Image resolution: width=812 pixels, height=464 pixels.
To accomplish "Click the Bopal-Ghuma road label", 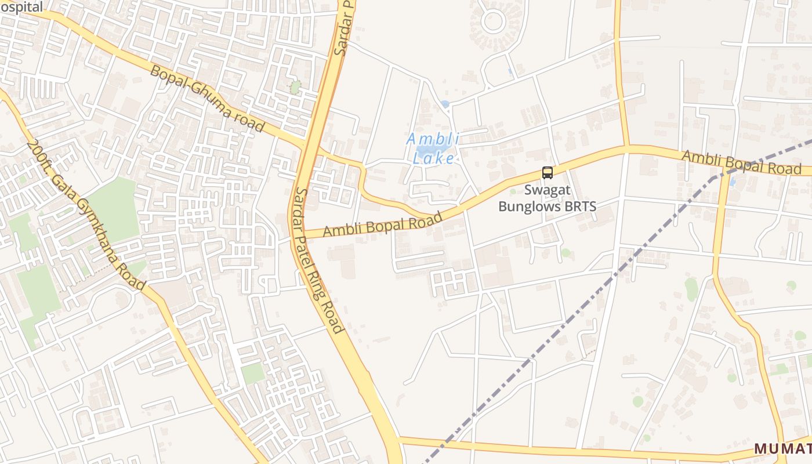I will coord(207,99).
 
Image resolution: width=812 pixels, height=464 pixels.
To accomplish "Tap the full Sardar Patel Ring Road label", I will coord(319,260).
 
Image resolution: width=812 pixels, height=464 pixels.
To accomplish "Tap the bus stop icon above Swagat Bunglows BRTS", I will coord(547,172).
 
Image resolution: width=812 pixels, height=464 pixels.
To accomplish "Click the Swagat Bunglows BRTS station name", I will coord(547,198).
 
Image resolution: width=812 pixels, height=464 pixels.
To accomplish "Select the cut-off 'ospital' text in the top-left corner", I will coord(21,7).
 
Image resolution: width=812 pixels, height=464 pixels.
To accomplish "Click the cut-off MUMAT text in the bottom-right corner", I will coord(782,448).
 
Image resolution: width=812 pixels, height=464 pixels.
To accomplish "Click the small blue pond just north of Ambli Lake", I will coord(444,104).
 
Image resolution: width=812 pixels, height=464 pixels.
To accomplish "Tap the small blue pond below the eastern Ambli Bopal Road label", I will coord(731,182).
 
